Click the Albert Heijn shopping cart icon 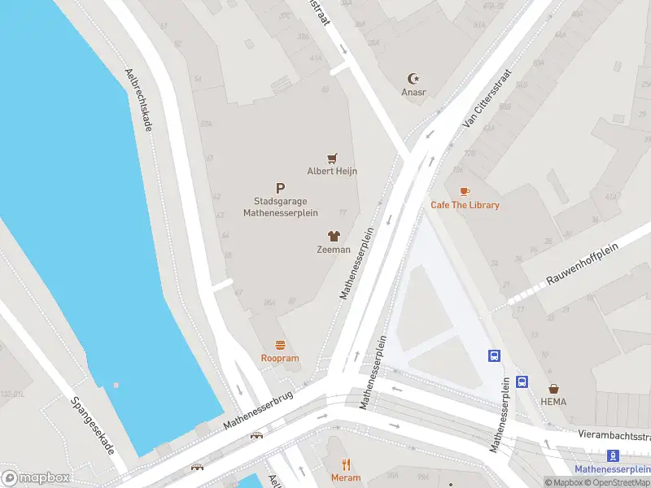pos(332,158)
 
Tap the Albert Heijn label pos(332,171)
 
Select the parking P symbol pos(281,188)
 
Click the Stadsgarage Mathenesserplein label pos(281,207)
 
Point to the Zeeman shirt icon pos(333,236)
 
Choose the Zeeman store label pos(333,250)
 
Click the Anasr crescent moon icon pos(413,79)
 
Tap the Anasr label pos(413,92)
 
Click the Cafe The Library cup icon pos(465,191)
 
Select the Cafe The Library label pos(465,205)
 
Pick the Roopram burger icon pos(280,345)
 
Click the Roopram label pos(280,359)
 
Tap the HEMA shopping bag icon pos(553,389)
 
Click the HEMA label pos(553,402)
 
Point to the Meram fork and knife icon pos(346,464)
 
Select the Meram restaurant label pos(346,477)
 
